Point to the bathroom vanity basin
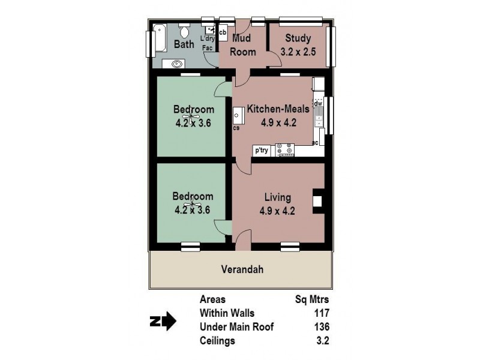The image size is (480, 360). pyautogui.click(x=177, y=62)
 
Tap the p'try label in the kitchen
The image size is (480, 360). pyautogui.click(x=262, y=151)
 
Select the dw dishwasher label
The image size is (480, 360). pyautogui.click(x=319, y=103)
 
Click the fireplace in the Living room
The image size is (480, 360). pyautogui.click(x=318, y=200)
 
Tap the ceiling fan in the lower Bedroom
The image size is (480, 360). pyautogui.click(x=193, y=206)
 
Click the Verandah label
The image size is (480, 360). pyautogui.click(x=242, y=269)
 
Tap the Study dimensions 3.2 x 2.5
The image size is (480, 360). pyautogui.click(x=297, y=52)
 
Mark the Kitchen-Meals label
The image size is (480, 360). pyautogui.click(x=278, y=109)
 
